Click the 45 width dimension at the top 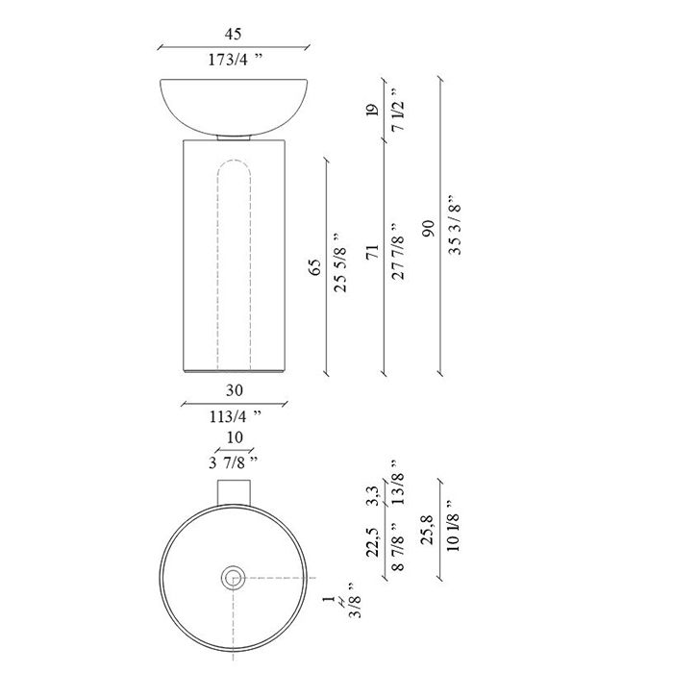click(233, 34)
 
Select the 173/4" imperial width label click(235, 60)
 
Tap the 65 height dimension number click(314, 267)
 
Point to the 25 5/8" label click(341, 263)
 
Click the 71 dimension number click(372, 252)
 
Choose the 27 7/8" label click(397, 251)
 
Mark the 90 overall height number click(428, 229)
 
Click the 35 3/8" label click(454, 225)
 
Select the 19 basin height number click(372, 111)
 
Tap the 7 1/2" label click(397, 110)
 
